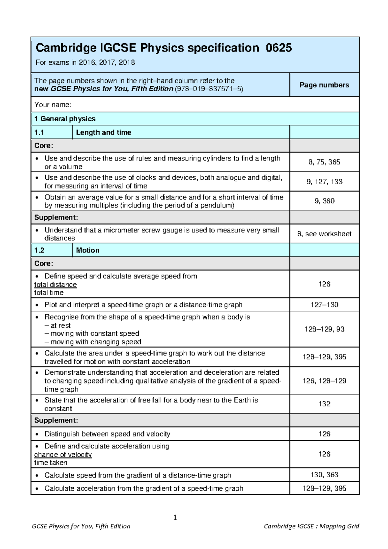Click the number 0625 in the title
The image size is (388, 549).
point(279,48)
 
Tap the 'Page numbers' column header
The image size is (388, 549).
point(324,85)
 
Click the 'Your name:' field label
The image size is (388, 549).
point(53,105)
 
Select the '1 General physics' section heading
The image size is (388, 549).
point(65,119)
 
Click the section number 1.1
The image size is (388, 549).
point(39,132)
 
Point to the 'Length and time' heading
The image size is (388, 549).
point(103,132)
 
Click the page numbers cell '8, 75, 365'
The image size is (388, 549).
point(324,162)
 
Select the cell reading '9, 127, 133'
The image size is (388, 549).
point(324,182)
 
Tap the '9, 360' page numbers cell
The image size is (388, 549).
point(324,201)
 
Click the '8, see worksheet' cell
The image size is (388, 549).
point(324,234)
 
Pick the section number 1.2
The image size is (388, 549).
point(39,250)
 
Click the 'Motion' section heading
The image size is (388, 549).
point(88,250)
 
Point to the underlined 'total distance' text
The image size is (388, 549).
point(56,285)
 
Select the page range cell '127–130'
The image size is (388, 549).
point(324,305)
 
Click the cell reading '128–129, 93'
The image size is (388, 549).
point(324,329)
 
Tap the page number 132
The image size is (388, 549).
point(324,404)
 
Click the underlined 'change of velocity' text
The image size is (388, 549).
point(63,455)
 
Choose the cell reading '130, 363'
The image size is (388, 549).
point(324,475)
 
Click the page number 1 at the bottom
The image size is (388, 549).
point(175,518)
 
